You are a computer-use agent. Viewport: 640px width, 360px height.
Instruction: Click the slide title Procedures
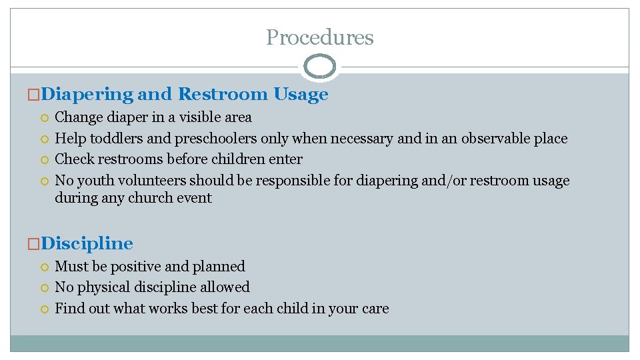(x=320, y=37)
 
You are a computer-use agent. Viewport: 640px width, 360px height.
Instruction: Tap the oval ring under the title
(x=320, y=67)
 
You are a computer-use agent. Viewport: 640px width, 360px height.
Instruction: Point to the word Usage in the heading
(x=301, y=95)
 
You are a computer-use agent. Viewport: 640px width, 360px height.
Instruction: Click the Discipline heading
(x=87, y=243)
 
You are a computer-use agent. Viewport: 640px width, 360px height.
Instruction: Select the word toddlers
(x=116, y=139)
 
